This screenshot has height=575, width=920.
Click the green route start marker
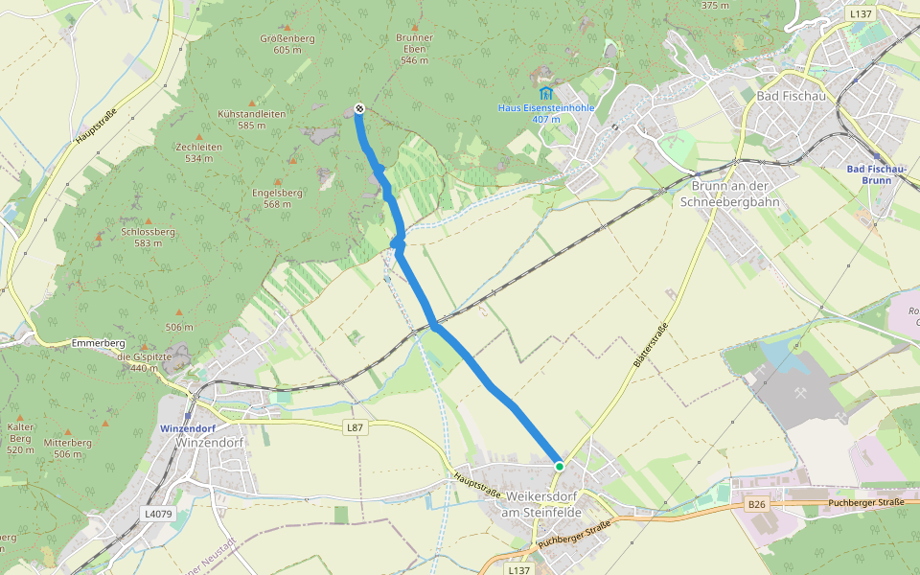[559, 466]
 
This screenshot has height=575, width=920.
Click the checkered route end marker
[358, 108]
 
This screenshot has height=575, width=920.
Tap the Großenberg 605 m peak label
[287, 44]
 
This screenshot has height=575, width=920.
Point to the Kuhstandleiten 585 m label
[252, 119]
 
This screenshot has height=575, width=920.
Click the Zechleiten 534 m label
[199, 152]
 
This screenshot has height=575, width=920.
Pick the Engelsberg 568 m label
[277, 197]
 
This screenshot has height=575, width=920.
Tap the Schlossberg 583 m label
[149, 237]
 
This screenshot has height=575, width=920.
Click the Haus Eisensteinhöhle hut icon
[545, 93]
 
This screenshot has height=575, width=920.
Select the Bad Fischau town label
[793, 97]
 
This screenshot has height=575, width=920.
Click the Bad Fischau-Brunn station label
[876, 174]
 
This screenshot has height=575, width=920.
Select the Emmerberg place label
[99, 342]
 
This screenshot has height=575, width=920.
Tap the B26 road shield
[757, 503]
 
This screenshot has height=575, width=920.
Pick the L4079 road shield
[159, 514]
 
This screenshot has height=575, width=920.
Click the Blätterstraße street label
[650, 346]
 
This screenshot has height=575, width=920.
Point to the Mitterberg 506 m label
[67, 448]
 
